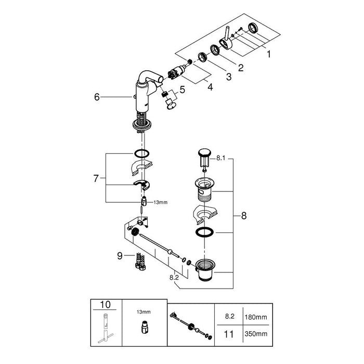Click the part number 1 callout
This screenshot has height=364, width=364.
pos(268,54)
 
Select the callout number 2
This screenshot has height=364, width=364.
pos(241,67)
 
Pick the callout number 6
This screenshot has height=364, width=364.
pos(96,97)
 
